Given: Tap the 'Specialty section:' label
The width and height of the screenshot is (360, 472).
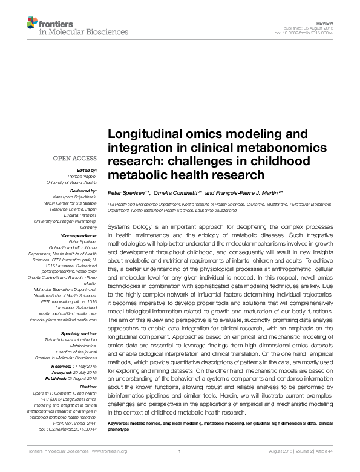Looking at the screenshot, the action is (x=79, y=334).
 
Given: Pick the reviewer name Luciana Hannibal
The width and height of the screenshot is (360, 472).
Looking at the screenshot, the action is (x=80, y=215).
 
